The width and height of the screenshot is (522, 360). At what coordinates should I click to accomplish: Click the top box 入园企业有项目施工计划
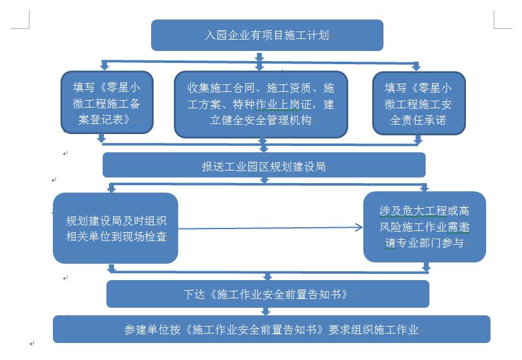click(x=267, y=35)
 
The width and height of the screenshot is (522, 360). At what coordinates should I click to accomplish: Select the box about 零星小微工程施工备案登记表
click(x=107, y=102)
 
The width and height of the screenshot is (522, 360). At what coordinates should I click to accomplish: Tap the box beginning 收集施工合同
click(x=261, y=104)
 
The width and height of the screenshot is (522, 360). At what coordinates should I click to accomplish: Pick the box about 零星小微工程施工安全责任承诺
click(x=419, y=103)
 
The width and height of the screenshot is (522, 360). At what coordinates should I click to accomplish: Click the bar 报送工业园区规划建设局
click(x=264, y=165)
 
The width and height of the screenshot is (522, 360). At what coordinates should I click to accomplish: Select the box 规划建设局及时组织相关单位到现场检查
click(x=115, y=228)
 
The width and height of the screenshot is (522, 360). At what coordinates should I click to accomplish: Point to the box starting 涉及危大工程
click(x=424, y=227)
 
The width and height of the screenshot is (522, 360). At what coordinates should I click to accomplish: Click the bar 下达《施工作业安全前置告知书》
click(x=268, y=294)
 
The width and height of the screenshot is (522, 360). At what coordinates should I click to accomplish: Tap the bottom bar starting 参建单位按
click(x=271, y=329)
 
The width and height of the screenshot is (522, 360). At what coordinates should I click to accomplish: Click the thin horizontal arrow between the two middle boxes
click(x=270, y=228)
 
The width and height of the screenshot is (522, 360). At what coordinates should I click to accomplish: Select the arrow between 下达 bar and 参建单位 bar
click(x=265, y=312)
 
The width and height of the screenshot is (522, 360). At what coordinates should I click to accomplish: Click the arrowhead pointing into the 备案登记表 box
click(x=105, y=67)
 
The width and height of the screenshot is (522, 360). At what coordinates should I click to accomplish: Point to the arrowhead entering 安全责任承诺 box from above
click(x=416, y=67)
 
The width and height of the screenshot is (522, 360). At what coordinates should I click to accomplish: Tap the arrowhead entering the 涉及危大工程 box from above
click(x=424, y=188)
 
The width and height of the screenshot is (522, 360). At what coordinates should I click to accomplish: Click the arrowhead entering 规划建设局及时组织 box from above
click(x=111, y=189)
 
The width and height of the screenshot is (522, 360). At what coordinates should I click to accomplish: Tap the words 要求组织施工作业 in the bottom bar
click(x=373, y=329)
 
